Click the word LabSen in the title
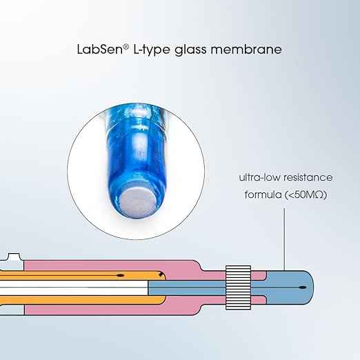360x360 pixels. point(100,49)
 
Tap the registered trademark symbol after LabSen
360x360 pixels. point(126,47)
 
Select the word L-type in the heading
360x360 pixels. point(152,50)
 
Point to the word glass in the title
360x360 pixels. point(190,50)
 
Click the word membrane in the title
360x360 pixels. point(246,49)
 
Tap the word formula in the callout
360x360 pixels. point(263,194)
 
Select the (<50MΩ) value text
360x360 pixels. point(306,195)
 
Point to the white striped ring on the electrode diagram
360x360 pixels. point(238,288)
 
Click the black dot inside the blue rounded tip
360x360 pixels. point(303,288)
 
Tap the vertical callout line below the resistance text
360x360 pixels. point(284,239)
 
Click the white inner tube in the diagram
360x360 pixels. point(74,288)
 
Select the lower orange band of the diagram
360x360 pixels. point(83,300)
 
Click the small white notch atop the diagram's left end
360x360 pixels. point(14,257)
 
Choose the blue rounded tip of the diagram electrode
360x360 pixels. point(290,288)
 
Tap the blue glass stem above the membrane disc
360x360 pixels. point(136,147)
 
